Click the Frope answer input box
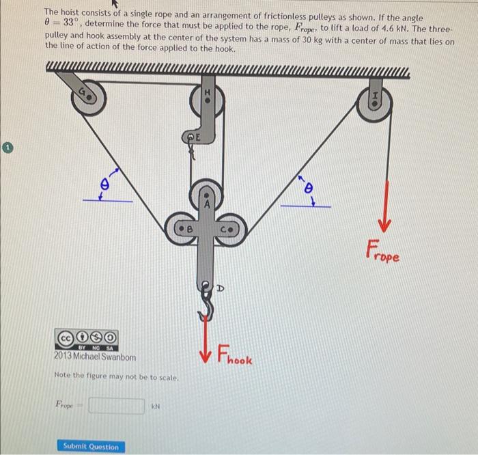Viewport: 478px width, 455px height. pos(116,406)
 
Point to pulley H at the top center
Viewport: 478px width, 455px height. pos(208,100)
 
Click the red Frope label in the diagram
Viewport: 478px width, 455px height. pos(382,251)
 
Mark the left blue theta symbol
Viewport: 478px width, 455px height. pos(104,184)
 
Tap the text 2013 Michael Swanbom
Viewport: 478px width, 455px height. pos(95,357)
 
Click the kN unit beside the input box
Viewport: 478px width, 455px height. pos(156,406)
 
